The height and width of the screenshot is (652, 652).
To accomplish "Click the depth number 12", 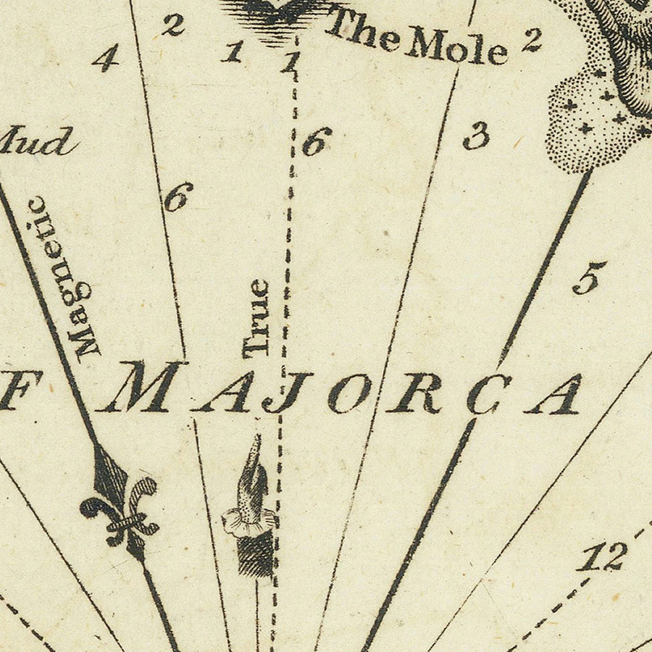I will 604,558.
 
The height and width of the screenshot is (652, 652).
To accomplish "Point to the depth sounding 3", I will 476,136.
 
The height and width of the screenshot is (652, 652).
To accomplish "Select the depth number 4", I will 106,58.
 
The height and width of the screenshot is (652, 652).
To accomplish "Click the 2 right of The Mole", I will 531,40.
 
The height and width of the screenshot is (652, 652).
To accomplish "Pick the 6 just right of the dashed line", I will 317,141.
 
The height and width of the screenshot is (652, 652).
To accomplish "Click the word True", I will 256,319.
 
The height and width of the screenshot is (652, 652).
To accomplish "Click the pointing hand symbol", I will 252,478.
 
